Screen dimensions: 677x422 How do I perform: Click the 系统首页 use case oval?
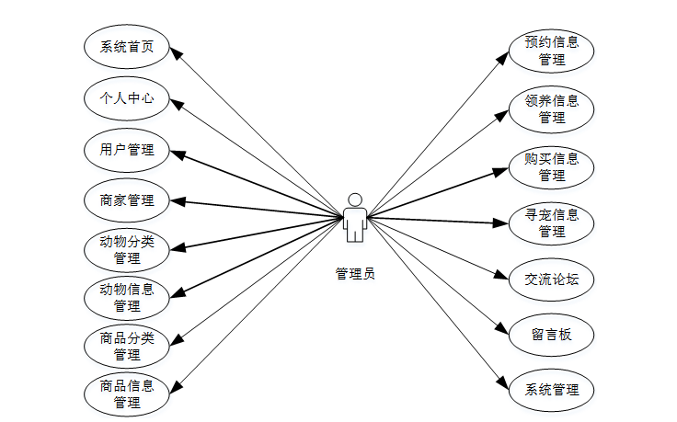point(127,47)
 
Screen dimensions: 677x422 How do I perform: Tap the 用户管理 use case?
point(127,149)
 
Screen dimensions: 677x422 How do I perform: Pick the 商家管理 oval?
point(127,200)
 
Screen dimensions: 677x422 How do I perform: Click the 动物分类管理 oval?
point(127,250)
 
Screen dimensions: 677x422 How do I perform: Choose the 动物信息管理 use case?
point(127,297)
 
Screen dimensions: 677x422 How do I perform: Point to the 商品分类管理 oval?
point(127,346)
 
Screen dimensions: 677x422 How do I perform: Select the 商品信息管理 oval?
point(127,393)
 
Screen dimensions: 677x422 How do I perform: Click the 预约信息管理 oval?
point(552,51)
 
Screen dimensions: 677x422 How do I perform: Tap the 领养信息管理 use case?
point(552,108)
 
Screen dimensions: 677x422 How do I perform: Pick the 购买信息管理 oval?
point(552,166)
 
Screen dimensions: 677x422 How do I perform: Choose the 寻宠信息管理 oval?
point(552,223)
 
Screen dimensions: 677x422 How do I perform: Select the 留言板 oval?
point(552,334)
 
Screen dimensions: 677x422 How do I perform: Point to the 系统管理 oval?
point(552,389)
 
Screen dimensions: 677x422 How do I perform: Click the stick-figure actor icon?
point(354,219)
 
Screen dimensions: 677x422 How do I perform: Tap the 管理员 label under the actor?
point(355,273)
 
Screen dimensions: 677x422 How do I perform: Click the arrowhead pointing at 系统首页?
point(175,51)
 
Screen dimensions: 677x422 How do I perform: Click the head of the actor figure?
point(354,200)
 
